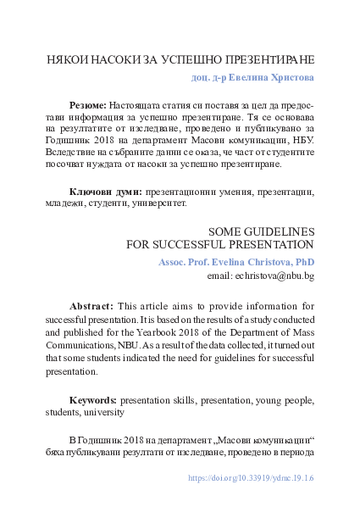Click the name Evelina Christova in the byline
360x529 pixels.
tap(246, 262)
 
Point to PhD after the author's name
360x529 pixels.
tap(305, 262)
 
